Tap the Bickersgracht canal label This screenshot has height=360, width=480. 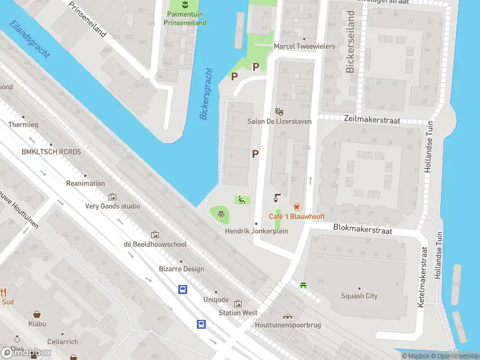point(206,94)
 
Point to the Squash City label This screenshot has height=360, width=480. point(359,296)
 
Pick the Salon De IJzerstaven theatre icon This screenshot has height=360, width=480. point(278,112)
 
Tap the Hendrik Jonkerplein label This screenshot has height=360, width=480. point(256,231)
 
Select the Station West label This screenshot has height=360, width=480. point(238,313)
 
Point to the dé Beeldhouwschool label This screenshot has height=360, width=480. point(155,244)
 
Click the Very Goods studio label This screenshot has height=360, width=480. point(112,206)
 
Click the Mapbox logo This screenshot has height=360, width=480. point(26,352)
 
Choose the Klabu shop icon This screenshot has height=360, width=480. point(37,314)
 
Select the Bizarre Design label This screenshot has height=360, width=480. point(181,269)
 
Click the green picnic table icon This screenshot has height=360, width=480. point(304,284)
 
